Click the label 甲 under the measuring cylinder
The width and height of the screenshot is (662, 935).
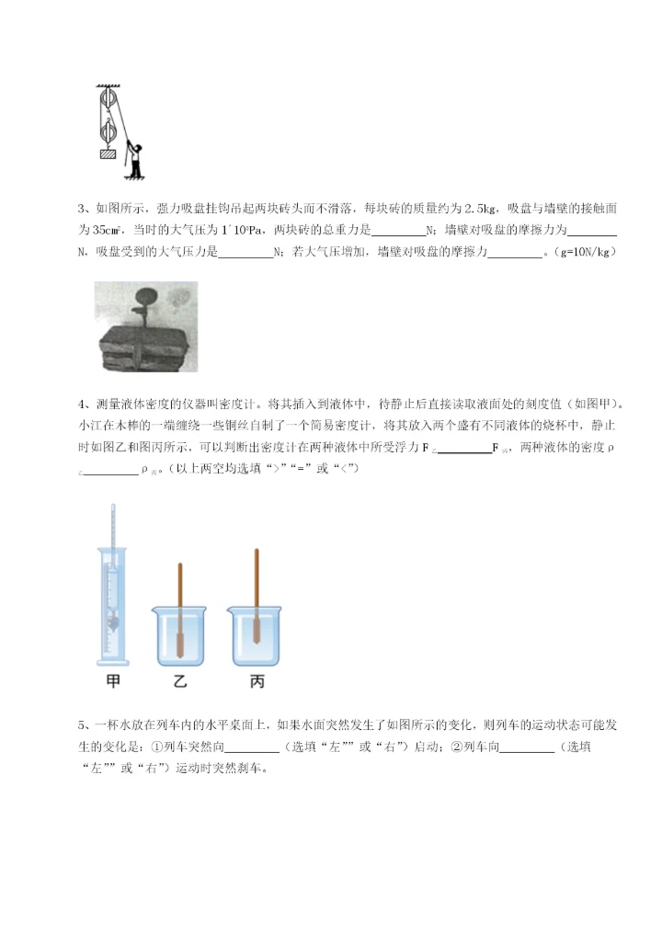point(111,681)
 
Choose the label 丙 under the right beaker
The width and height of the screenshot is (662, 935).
point(256,681)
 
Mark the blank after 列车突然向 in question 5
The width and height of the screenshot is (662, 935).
point(252,748)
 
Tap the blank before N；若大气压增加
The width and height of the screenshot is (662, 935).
point(245,252)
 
